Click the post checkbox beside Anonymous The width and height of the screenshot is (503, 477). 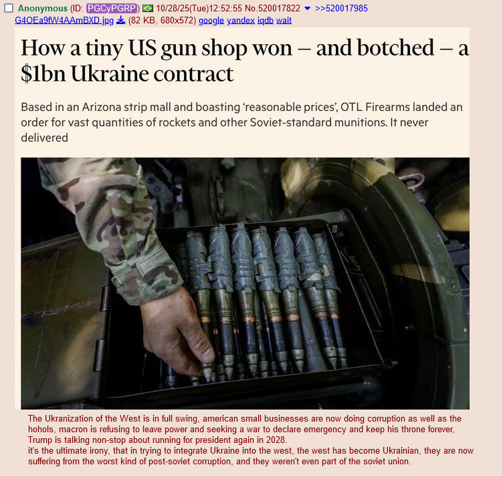(x=9, y=8)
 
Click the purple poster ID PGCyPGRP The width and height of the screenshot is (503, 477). (x=112, y=8)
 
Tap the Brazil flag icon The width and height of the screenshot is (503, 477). (x=148, y=8)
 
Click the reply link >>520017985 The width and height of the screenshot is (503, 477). (x=341, y=8)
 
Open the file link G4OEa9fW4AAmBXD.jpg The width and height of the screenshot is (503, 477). (x=64, y=21)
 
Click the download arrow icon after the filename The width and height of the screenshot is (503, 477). (x=120, y=21)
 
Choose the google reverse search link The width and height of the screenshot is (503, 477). (x=211, y=21)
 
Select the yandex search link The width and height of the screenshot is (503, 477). (x=241, y=21)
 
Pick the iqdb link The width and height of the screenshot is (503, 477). (x=266, y=21)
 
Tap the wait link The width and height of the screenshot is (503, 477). (x=284, y=21)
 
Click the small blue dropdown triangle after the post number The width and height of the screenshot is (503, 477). (x=307, y=8)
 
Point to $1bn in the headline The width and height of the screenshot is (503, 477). (x=43, y=74)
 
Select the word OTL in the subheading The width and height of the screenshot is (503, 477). (x=351, y=107)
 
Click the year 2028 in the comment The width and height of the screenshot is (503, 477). (x=275, y=440)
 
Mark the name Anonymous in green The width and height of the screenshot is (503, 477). (x=43, y=8)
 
